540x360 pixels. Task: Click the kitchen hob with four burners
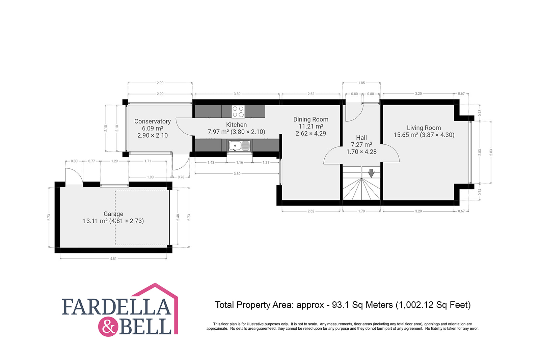click(x=238, y=112)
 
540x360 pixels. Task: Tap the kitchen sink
click(x=239, y=146)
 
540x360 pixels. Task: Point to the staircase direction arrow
click(x=371, y=173)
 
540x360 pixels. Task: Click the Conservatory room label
click(x=152, y=121)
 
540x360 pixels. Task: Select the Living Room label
click(x=424, y=128)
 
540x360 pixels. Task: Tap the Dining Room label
click(x=311, y=119)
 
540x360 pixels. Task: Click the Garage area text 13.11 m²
click(x=95, y=221)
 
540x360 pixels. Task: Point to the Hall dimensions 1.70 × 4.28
click(x=361, y=151)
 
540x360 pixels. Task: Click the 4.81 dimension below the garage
click(x=113, y=258)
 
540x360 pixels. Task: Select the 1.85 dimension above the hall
click(x=361, y=83)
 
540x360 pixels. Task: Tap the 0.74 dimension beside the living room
click(x=480, y=192)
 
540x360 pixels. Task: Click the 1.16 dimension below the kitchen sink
click(x=239, y=162)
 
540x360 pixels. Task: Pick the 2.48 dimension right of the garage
click(x=178, y=217)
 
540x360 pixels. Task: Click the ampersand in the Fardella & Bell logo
click(x=108, y=327)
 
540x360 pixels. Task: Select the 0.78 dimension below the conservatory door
click(x=181, y=177)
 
